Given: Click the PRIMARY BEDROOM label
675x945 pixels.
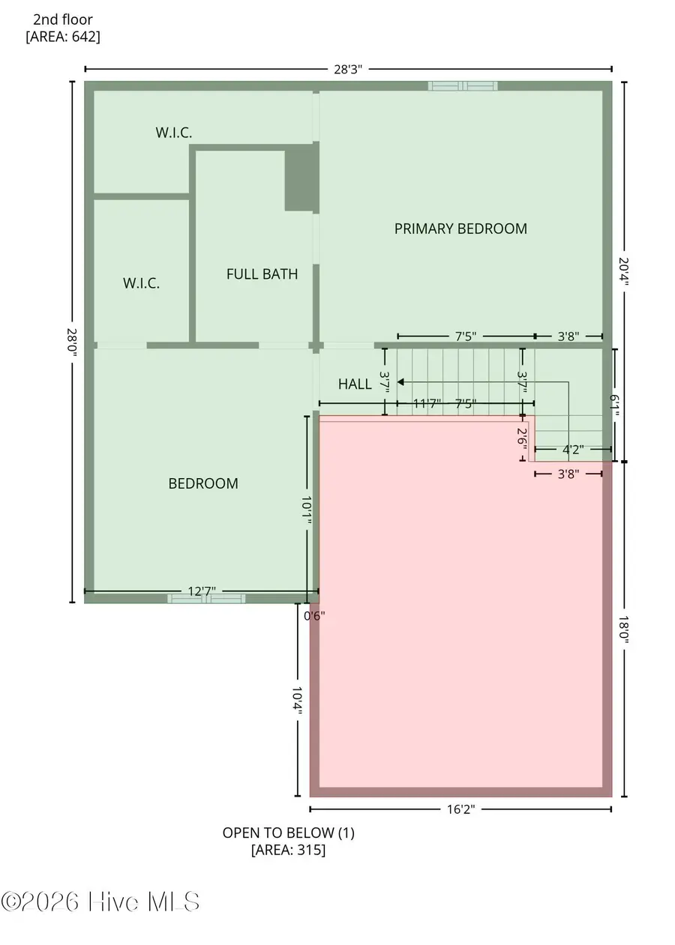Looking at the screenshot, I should point(460,229).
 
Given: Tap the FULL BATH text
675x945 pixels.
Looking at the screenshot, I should point(262,274).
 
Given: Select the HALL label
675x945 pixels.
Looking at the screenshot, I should point(355,384).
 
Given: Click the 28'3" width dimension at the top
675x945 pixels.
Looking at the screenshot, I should point(348,69).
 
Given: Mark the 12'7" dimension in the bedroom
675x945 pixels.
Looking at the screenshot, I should point(201,592).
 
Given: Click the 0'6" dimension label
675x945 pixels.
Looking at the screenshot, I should point(314,616).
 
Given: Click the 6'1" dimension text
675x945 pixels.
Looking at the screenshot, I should point(615,405).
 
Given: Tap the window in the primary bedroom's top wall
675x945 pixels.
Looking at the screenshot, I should point(463,85).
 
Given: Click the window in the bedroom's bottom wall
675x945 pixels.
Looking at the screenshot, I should point(206,598).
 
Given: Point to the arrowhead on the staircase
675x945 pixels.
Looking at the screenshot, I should point(400,381).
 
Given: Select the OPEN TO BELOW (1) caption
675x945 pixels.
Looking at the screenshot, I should point(288,833).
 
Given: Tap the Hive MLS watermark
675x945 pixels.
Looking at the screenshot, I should point(100,902).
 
